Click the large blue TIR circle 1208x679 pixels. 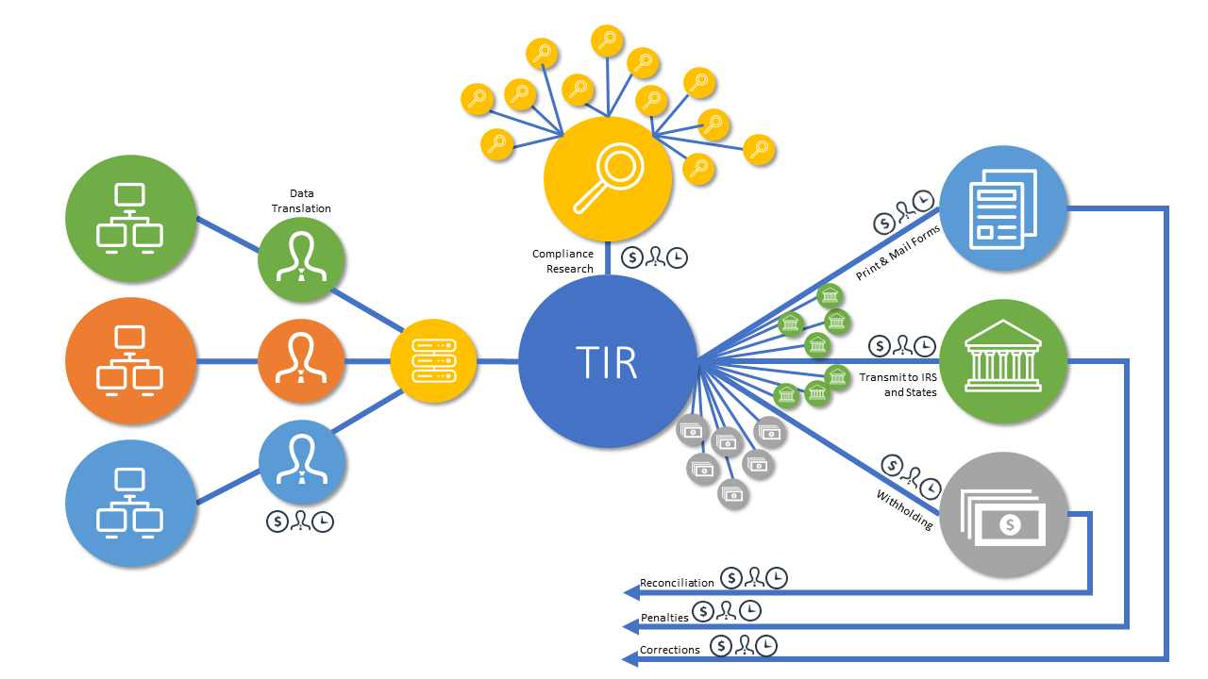(608, 361)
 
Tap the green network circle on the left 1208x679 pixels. (129, 218)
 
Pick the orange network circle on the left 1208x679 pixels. (129, 361)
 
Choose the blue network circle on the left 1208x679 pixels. (129, 503)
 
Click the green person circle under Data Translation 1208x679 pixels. (301, 259)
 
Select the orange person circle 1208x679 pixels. (301, 361)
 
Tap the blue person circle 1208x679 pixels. (301, 463)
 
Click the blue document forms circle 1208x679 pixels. (1003, 209)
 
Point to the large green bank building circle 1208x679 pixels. (1003, 361)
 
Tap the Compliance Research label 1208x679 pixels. (562, 261)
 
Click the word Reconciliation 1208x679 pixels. (677, 583)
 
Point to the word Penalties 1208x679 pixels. (664, 617)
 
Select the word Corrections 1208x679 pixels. (670, 650)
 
